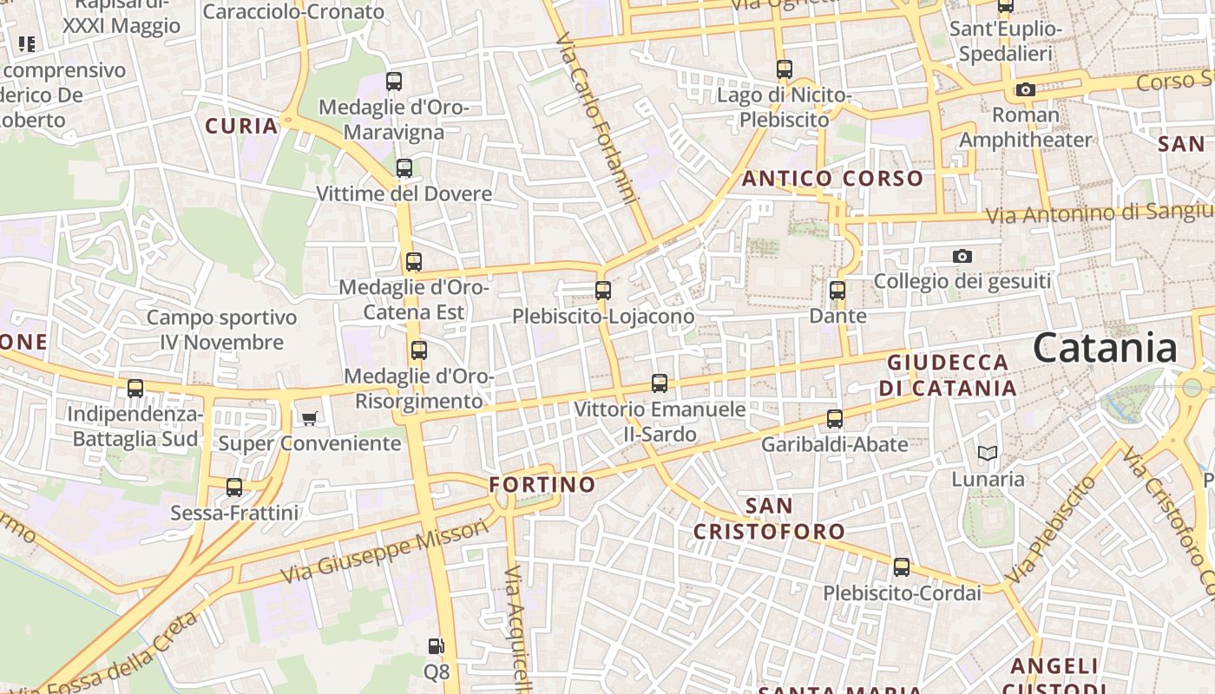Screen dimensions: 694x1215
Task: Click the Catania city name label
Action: [1105, 348]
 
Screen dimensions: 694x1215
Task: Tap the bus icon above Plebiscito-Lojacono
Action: [603, 291]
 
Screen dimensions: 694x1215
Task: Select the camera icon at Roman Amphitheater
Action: [1026, 89]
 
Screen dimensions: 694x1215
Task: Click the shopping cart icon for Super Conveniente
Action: [310, 419]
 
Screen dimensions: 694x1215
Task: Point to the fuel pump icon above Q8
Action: [437, 646]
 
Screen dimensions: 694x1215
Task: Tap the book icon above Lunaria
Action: [988, 453]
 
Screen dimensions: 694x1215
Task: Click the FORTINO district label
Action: [542, 484]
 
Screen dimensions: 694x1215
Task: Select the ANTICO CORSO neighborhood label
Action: [832, 179]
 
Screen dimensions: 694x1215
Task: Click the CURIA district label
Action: [241, 126]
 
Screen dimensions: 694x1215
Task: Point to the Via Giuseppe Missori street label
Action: [384, 552]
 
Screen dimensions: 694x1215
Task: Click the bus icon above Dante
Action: [837, 291]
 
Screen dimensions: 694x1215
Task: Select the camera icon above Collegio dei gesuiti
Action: [962, 256]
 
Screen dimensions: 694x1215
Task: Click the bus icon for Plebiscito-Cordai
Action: [902, 568]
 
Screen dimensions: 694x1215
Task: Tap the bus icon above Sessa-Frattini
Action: [234, 488]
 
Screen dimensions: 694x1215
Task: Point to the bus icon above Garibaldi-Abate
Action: [835, 419]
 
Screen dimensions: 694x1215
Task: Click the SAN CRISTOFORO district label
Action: [768, 518]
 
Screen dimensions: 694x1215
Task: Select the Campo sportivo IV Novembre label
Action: [221, 330]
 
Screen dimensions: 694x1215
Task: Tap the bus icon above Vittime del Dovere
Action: [404, 168]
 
